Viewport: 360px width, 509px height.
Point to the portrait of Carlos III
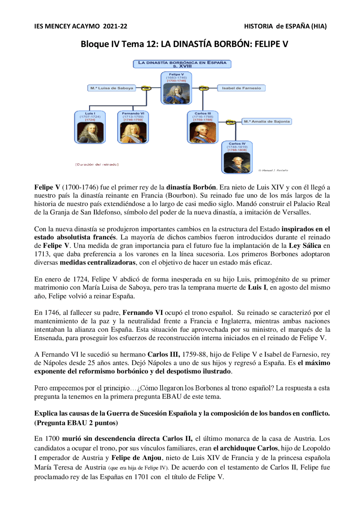tap(203, 132)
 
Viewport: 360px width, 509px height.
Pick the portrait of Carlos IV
tap(237, 162)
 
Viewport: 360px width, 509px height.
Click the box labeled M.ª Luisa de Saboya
tap(112, 88)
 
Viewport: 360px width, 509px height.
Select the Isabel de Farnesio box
tap(241, 88)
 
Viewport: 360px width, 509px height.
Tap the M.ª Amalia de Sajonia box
tap(267, 121)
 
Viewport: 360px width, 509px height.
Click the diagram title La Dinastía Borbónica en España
tap(182, 64)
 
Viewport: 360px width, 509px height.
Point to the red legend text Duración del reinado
tap(97, 164)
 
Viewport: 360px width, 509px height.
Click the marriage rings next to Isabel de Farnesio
tap(204, 88)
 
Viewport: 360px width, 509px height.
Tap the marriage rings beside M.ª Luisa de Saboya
tap(146, 88)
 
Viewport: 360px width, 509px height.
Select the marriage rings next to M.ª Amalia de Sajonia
tap(231, 122)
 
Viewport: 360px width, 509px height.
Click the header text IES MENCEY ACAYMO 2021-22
tap(81, 26)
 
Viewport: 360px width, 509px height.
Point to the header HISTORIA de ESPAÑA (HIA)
tap(285, 26)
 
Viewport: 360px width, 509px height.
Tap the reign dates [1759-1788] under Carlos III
tap(203, 120)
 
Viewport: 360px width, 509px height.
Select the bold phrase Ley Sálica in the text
tap(305, 246)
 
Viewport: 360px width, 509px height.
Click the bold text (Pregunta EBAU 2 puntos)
tap(76, 423)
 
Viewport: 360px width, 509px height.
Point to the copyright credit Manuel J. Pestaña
tap(273, 170)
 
